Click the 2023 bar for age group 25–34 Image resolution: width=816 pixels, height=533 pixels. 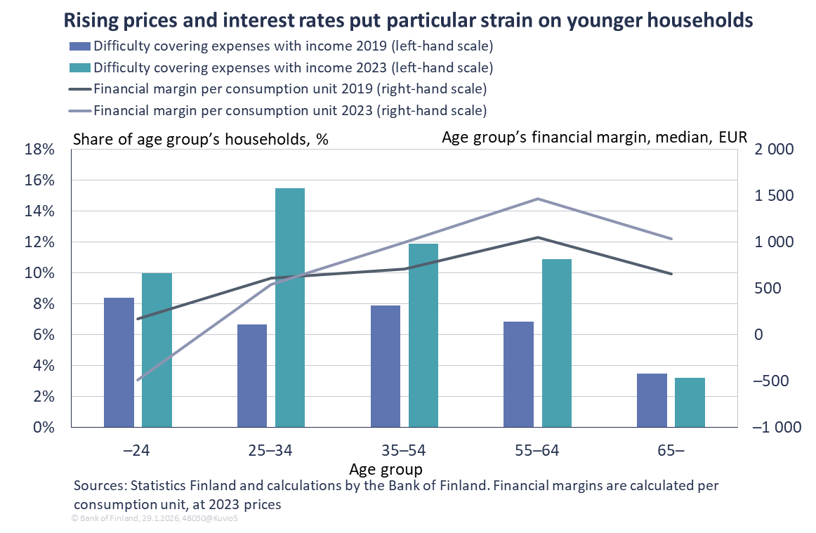click(290, 308)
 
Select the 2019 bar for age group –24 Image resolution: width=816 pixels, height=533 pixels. click(119, 362)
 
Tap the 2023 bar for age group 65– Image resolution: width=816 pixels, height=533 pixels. click(690, 402)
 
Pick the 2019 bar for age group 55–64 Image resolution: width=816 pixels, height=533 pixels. click(518, 374)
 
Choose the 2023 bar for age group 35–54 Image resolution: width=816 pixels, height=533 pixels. click(423, 335)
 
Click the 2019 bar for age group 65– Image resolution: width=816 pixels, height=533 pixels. click(652, 400)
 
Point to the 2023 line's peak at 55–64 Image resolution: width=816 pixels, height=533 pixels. click(538, 199)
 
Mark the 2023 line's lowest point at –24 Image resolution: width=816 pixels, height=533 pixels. click(138, 381)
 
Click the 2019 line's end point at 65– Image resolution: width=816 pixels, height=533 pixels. click(671, 274)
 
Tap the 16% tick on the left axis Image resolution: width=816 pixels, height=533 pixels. click(39, 180)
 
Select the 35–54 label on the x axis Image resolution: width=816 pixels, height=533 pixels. click(404, 450)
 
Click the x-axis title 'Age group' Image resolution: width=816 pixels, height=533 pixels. click(386, 468)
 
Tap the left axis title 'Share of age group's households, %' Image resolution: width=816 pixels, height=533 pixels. click(201, 138)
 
